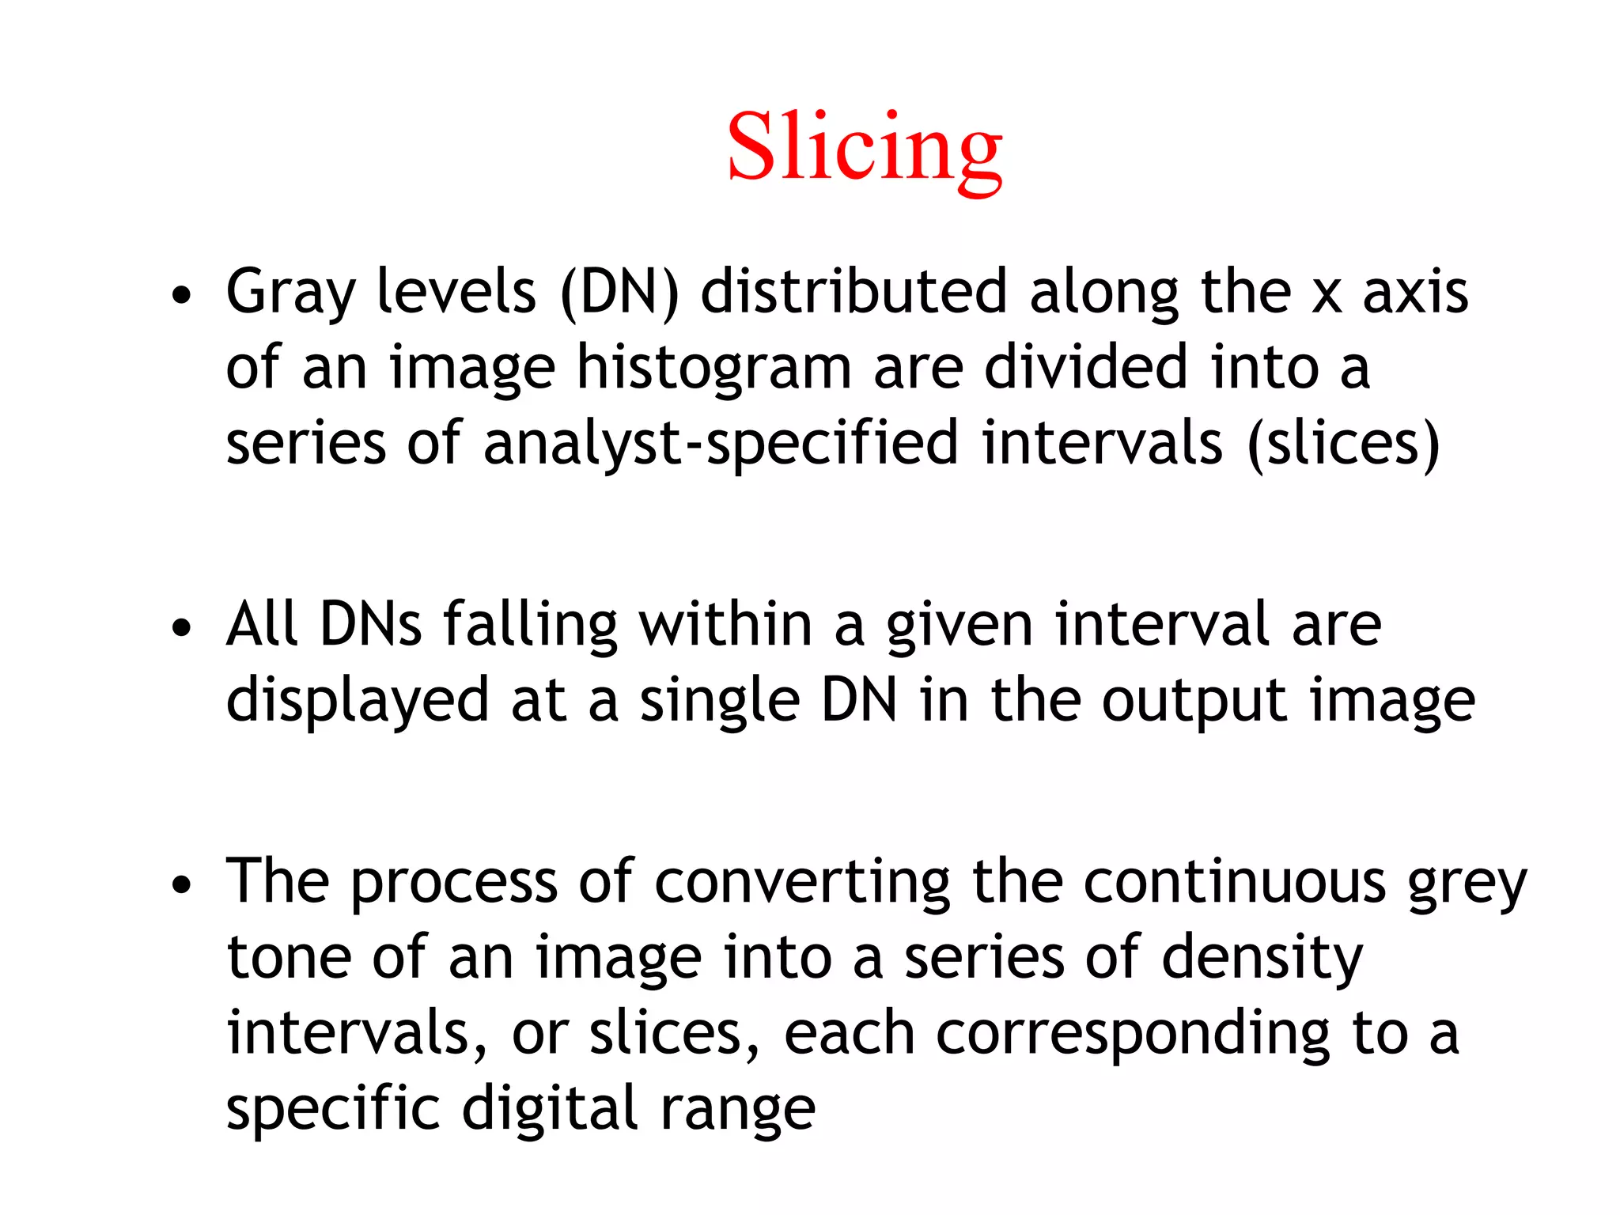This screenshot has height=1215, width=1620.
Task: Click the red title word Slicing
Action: pyautogui.click(x=865, y=148)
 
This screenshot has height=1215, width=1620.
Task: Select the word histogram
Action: pyautogui.click(x=713, y=369)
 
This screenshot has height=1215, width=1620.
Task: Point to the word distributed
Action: pyautogui.click(x=854, y=291)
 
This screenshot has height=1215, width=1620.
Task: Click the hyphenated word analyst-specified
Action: pyautogui.click(x=721, y=444)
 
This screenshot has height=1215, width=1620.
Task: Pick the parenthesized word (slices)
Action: pyautogui.click(x=1343, y=444)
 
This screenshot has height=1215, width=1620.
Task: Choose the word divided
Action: pyautogui.click(x=1086, y=367)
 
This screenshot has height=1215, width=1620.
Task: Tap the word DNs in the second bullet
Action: pyautogui.click(x=370, y=624)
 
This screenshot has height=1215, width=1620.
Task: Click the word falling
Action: pyautogui.click(x=529, y=626)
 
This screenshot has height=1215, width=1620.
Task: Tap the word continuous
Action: pyautogui.click(x=1234, y=880)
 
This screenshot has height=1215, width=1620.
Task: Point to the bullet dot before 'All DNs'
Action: pyautogui.click(x=182, y=628)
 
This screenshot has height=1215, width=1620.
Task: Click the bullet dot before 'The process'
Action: pyautogui.click(x=182, y=884)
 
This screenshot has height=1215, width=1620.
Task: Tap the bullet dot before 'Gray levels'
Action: pyautogui.click(x=182, y=295)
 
